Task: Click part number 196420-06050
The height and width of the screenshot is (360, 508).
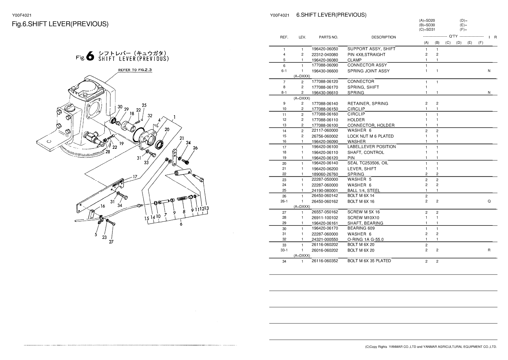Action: pyautogui.click(x=325, y=49)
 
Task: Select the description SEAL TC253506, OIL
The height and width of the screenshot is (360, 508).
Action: pyautogui.click(x=367, y=163)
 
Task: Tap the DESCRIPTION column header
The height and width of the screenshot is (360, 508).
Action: pyautogui.click(x=384, y=37)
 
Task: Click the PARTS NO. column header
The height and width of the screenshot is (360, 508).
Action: pyautogui.click(x=328, y=37)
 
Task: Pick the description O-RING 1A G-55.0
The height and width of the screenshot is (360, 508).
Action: pyautogui.click(x=365, y=239)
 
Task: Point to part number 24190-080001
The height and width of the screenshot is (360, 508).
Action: pyautogui.click(x=325, y=190)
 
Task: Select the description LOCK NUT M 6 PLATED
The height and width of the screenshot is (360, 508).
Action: pyautogui.click(x=370, y=136)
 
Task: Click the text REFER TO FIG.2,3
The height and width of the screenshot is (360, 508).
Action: pyautogui.click(x=135, y=70)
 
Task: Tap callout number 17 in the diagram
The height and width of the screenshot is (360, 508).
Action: pyautogui.click(x=135, y=177)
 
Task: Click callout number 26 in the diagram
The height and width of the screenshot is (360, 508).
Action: pyautogui.click(x=195, y=148)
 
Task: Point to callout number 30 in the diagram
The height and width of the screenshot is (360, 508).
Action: pyautogui.click(x=120, y=107)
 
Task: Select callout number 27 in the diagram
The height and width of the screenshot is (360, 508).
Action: pyautogui.click(x=111, y=243)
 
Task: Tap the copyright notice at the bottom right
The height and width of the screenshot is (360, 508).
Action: pyautogui.click(x=431, y=347)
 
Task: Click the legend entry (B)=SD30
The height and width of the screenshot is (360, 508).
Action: pyautogui.click(x=427, y=25)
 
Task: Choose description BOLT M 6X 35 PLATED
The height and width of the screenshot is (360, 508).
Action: pyautogui.click(x=369, y=261)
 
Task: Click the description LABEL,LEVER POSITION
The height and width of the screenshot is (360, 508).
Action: pyautogui.click(x=371, y=147)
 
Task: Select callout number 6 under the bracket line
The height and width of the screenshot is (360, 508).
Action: pyautogui.click(x=181, y=224)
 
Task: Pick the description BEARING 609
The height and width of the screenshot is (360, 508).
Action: pyautogui.click(x=361, y=228)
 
